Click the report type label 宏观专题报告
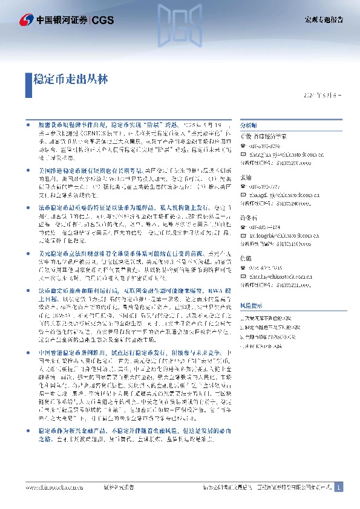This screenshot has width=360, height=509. click(x=323, y=19)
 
